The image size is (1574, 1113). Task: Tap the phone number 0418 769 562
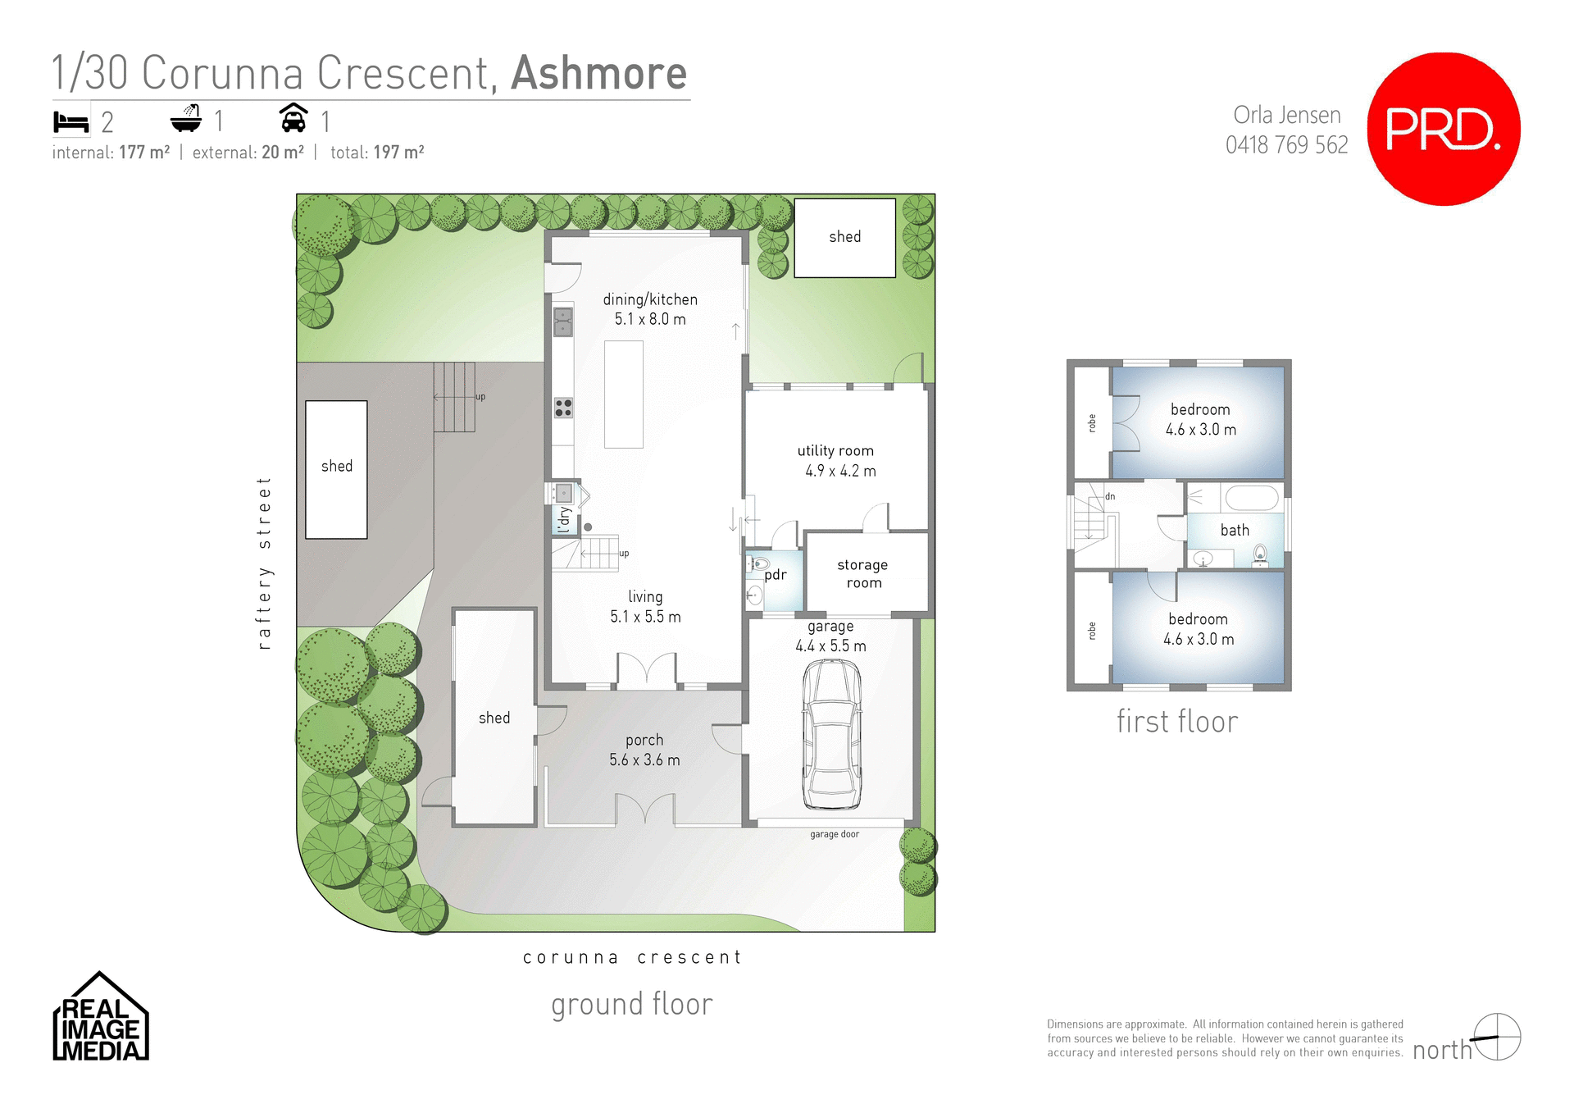[1286, 145]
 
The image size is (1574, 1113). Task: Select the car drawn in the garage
[832, 735]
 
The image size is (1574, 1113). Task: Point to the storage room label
[862, 573]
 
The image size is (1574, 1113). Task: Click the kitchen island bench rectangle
[624, 394]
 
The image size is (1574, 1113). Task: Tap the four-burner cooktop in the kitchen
[563, 407]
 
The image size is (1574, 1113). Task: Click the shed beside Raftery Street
[336, 469]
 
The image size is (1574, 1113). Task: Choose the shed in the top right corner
[844, 237]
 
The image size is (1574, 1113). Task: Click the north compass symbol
[1497, 1037]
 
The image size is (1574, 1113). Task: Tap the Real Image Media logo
[100, 1018]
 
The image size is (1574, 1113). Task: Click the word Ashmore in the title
[598, 73]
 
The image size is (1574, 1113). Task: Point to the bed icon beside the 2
[71, 122]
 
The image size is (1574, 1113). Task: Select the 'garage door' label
[834, 834]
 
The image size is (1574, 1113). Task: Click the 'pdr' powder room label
[775, 575]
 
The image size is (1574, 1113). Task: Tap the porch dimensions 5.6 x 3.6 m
[644, 759]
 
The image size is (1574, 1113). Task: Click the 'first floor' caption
[1176, 722]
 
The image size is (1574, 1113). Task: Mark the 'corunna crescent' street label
[631, 957]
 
